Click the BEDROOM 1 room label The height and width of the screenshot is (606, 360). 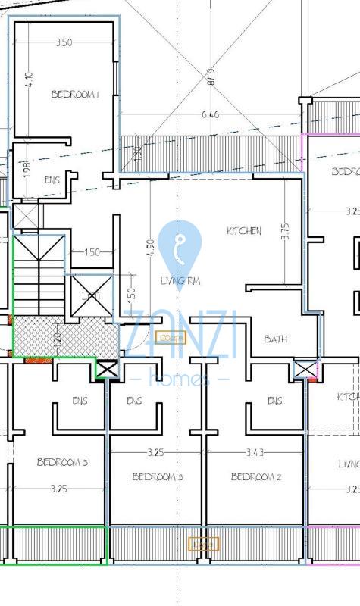click(75, 95)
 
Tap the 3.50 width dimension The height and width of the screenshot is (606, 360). click(64, 43)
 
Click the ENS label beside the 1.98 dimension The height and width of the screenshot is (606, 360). click(52, 180)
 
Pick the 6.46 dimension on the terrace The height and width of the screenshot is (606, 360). click(211, 115)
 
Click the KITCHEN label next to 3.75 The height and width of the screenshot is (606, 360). click(244, 231)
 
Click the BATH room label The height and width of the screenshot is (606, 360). click(275, 339)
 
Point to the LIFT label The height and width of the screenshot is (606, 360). click(91, 296)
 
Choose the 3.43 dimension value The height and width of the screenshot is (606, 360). click(255, 452)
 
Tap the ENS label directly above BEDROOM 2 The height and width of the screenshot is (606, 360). click(275, 401)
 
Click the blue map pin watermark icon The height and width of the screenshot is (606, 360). click(180, 251)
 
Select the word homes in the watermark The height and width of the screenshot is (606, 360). click(180, 380)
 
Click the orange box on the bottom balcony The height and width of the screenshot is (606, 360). click(203, 544)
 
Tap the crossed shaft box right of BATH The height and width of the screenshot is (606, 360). click(305, 370)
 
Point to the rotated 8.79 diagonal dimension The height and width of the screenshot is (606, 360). click(211, 80)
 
